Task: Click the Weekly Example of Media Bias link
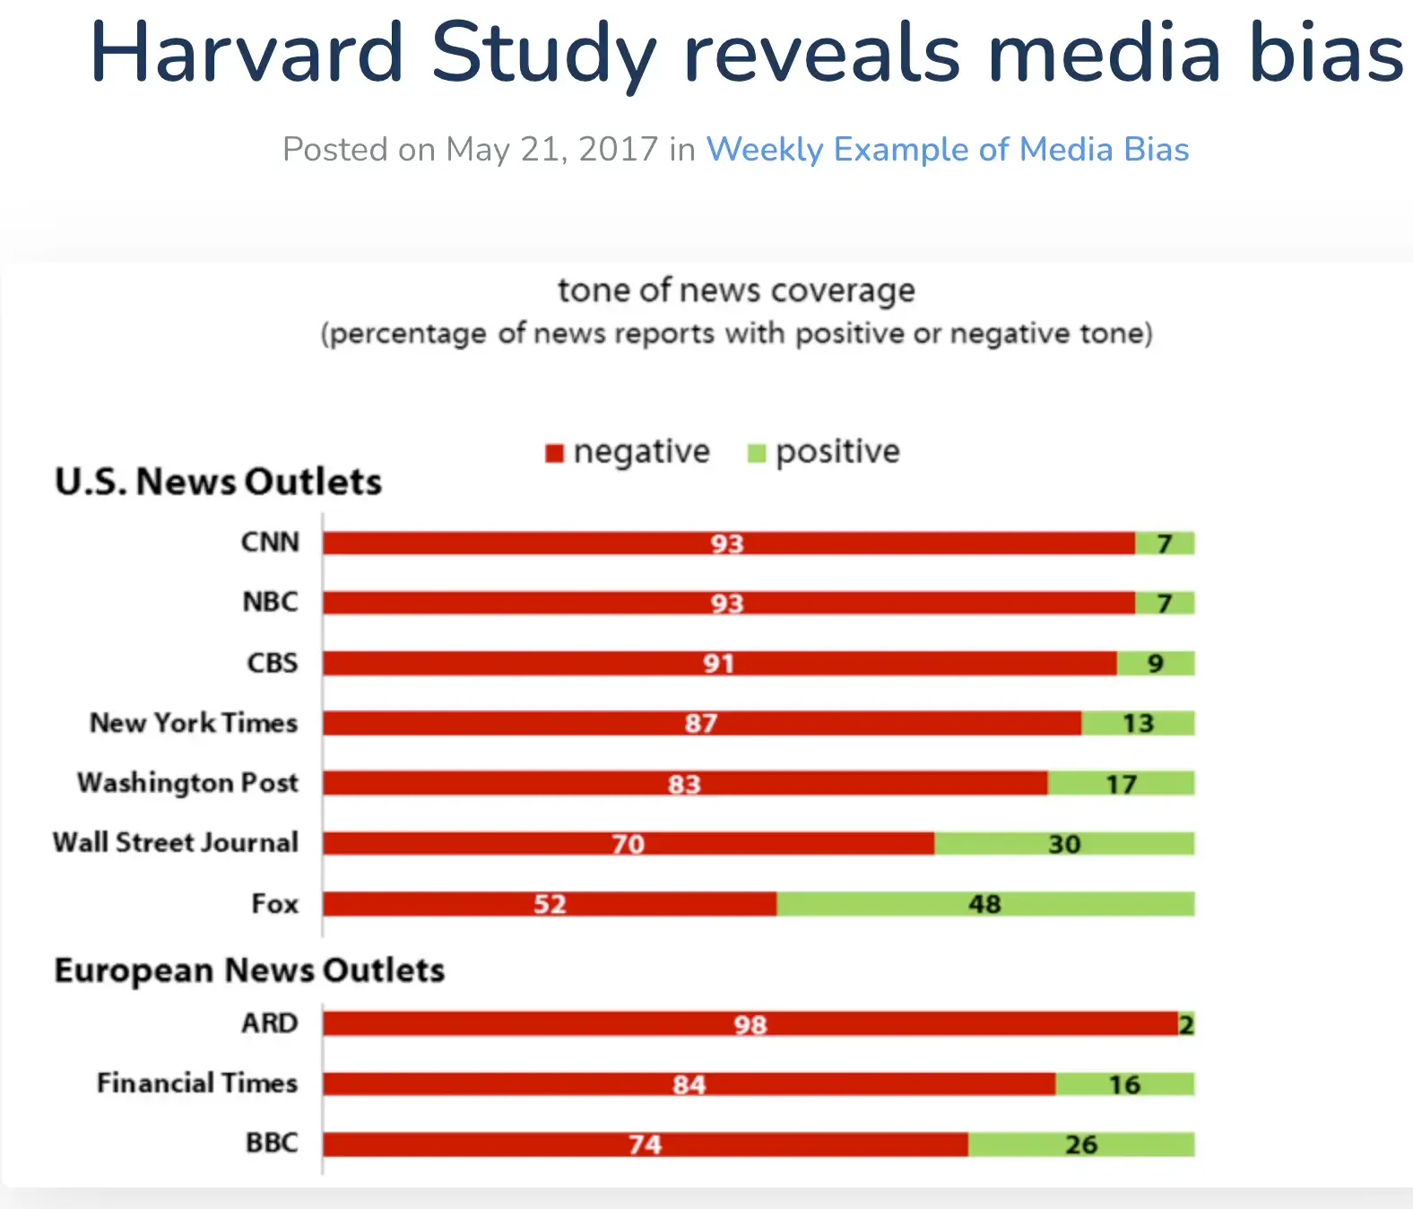click(947, 149)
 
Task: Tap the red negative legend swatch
click(554, 453)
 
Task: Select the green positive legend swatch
click(757, 453)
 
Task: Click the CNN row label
click(270, 542)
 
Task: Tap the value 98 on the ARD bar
click(750, 1024)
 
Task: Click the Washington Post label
click(187, 783)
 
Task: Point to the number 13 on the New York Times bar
click(1138, 723)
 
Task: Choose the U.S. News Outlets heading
click(218, 482)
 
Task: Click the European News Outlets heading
click(249, 970)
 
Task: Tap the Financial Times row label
click(196, 1083)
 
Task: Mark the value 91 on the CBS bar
click(718, 664)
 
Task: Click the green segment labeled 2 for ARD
click(1185, 1024)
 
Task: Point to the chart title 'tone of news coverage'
click(736, 290)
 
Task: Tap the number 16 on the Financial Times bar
click(1124, 1084)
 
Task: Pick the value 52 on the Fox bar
click(550, 904)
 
